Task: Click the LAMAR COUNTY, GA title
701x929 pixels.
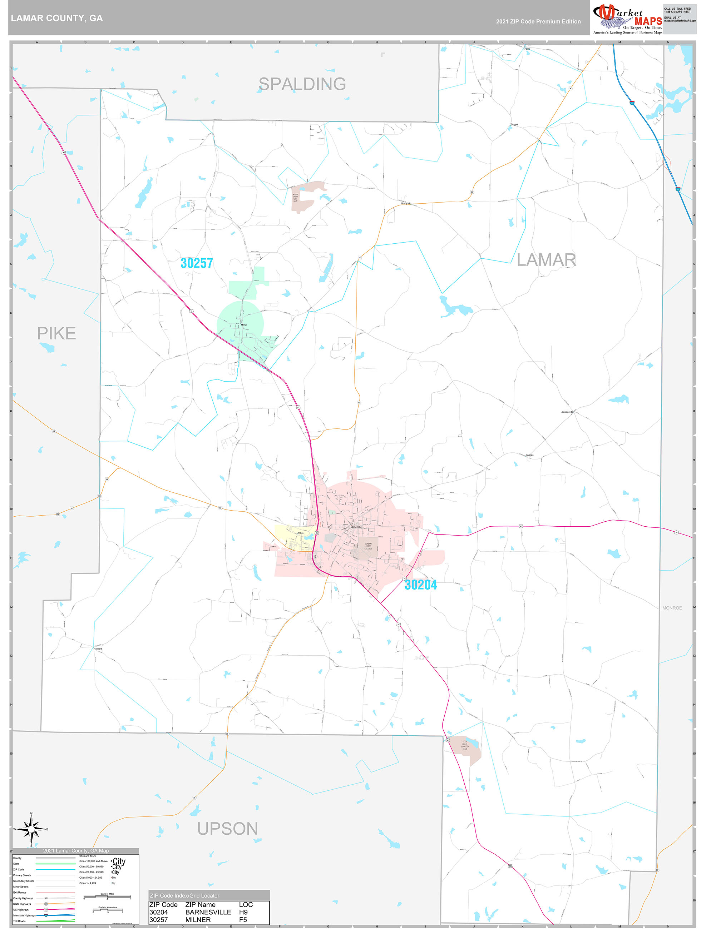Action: (57, 18)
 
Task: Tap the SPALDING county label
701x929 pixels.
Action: (302, 84)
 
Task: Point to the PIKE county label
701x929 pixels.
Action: (56, 333)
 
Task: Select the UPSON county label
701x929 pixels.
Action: (227, 829)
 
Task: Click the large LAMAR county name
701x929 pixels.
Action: (546, 260)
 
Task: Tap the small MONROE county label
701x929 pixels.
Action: (672, 608)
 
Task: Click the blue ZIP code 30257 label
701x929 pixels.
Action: (197, 263)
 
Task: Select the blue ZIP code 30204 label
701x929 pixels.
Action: (420, 585)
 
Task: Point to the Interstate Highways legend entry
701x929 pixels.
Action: (24, 915)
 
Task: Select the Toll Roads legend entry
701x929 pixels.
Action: (19, 921)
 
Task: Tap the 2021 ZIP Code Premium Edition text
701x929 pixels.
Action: (538, 21)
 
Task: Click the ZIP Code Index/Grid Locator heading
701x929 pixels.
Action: (184, 895)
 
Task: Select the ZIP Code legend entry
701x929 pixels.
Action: (19, 869)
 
